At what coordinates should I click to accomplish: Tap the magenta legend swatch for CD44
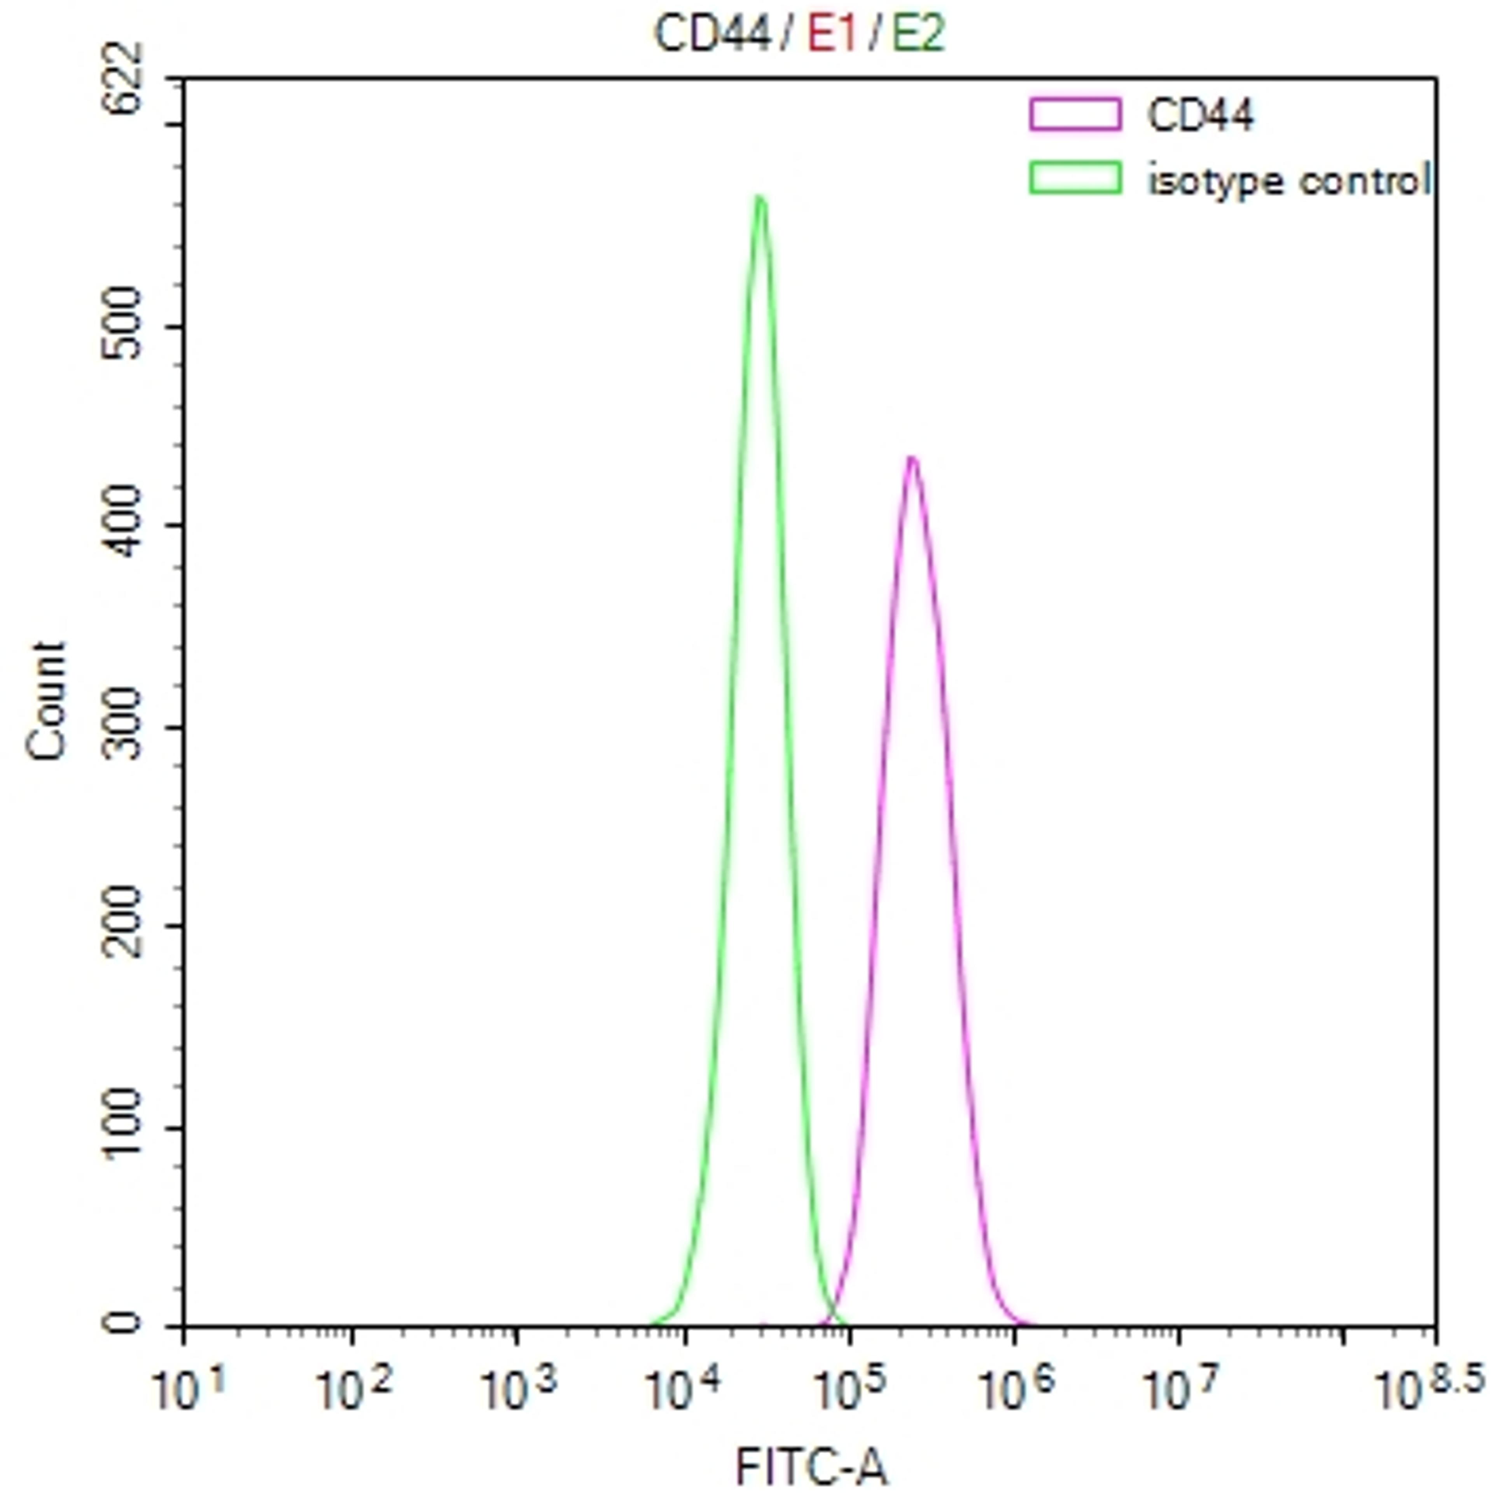(1075, 114)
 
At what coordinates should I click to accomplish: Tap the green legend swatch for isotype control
(1075, 178)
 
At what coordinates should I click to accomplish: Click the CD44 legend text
(1200, 115)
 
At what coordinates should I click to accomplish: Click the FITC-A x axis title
(810, 1467)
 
